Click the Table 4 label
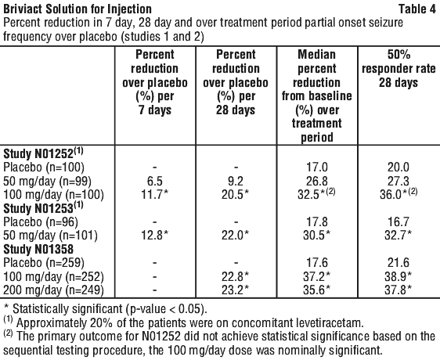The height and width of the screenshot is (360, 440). (x=417, y=9)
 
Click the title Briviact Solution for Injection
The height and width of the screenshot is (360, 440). (x=78, y=9)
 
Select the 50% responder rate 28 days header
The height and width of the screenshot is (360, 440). (x=399, y=68)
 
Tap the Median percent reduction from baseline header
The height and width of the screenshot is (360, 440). (x=317, y=95)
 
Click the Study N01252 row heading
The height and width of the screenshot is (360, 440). (x=43, y=153)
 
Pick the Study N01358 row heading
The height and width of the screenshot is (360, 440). (x=38, y=249)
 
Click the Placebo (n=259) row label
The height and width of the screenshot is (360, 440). (x=44, y=263)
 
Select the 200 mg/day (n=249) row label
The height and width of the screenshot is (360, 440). (x=53, y=290)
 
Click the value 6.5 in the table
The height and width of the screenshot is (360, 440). (x=155, y=182)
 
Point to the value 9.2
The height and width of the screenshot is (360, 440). (x=236, y=182)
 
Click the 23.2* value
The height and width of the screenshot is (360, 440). (x=236, y=290)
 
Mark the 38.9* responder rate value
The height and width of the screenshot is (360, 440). (x=399, y=277)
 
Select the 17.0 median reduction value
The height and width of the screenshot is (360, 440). (x=317, y=167)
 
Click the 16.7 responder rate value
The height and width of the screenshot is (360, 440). (x=399, y=222)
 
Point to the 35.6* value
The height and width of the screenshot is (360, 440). (x=317, y=290)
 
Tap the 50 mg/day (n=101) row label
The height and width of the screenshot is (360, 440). (x=51, y=235)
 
